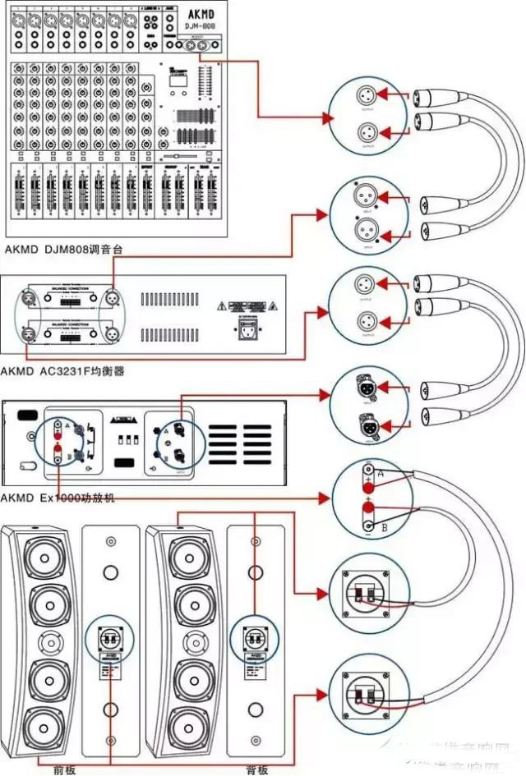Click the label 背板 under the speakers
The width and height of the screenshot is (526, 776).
[256, 769]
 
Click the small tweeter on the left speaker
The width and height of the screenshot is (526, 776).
[40, 641]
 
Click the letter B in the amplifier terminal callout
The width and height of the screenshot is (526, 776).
[385, 527]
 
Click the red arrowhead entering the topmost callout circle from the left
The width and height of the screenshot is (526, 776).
[325, 118]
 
